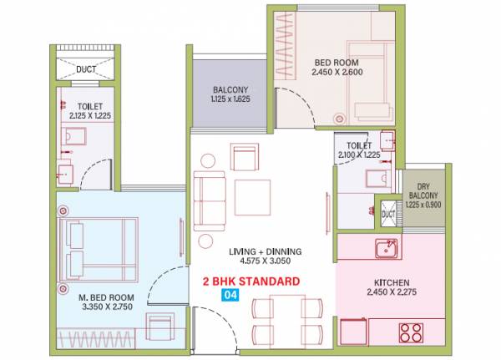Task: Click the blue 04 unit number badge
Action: tap(222, 295)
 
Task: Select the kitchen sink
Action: tap(386, 248)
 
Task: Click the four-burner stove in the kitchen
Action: tap(412, 332)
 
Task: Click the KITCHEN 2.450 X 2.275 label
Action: tap(389, 286)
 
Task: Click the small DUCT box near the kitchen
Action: tap(387, 213)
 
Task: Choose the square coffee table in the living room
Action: tap(251, 196)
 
